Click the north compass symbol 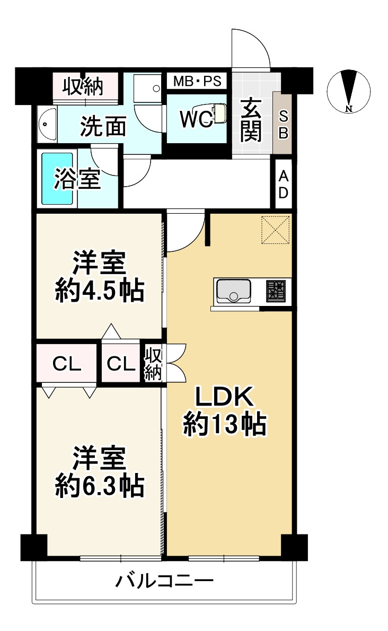(x=348, y=91)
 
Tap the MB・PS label (x=197, y=82)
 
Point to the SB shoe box (x=283, y=124)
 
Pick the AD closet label (x=284, y=184)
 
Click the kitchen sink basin (x=233, y=291)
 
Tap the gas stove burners (x=276, y=291)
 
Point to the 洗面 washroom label (x=103, y=127)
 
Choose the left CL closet (x=67, y=363)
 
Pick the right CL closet (x=121, y=363)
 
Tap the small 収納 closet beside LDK (x=153, y=363)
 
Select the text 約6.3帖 (x=99, y=485)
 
